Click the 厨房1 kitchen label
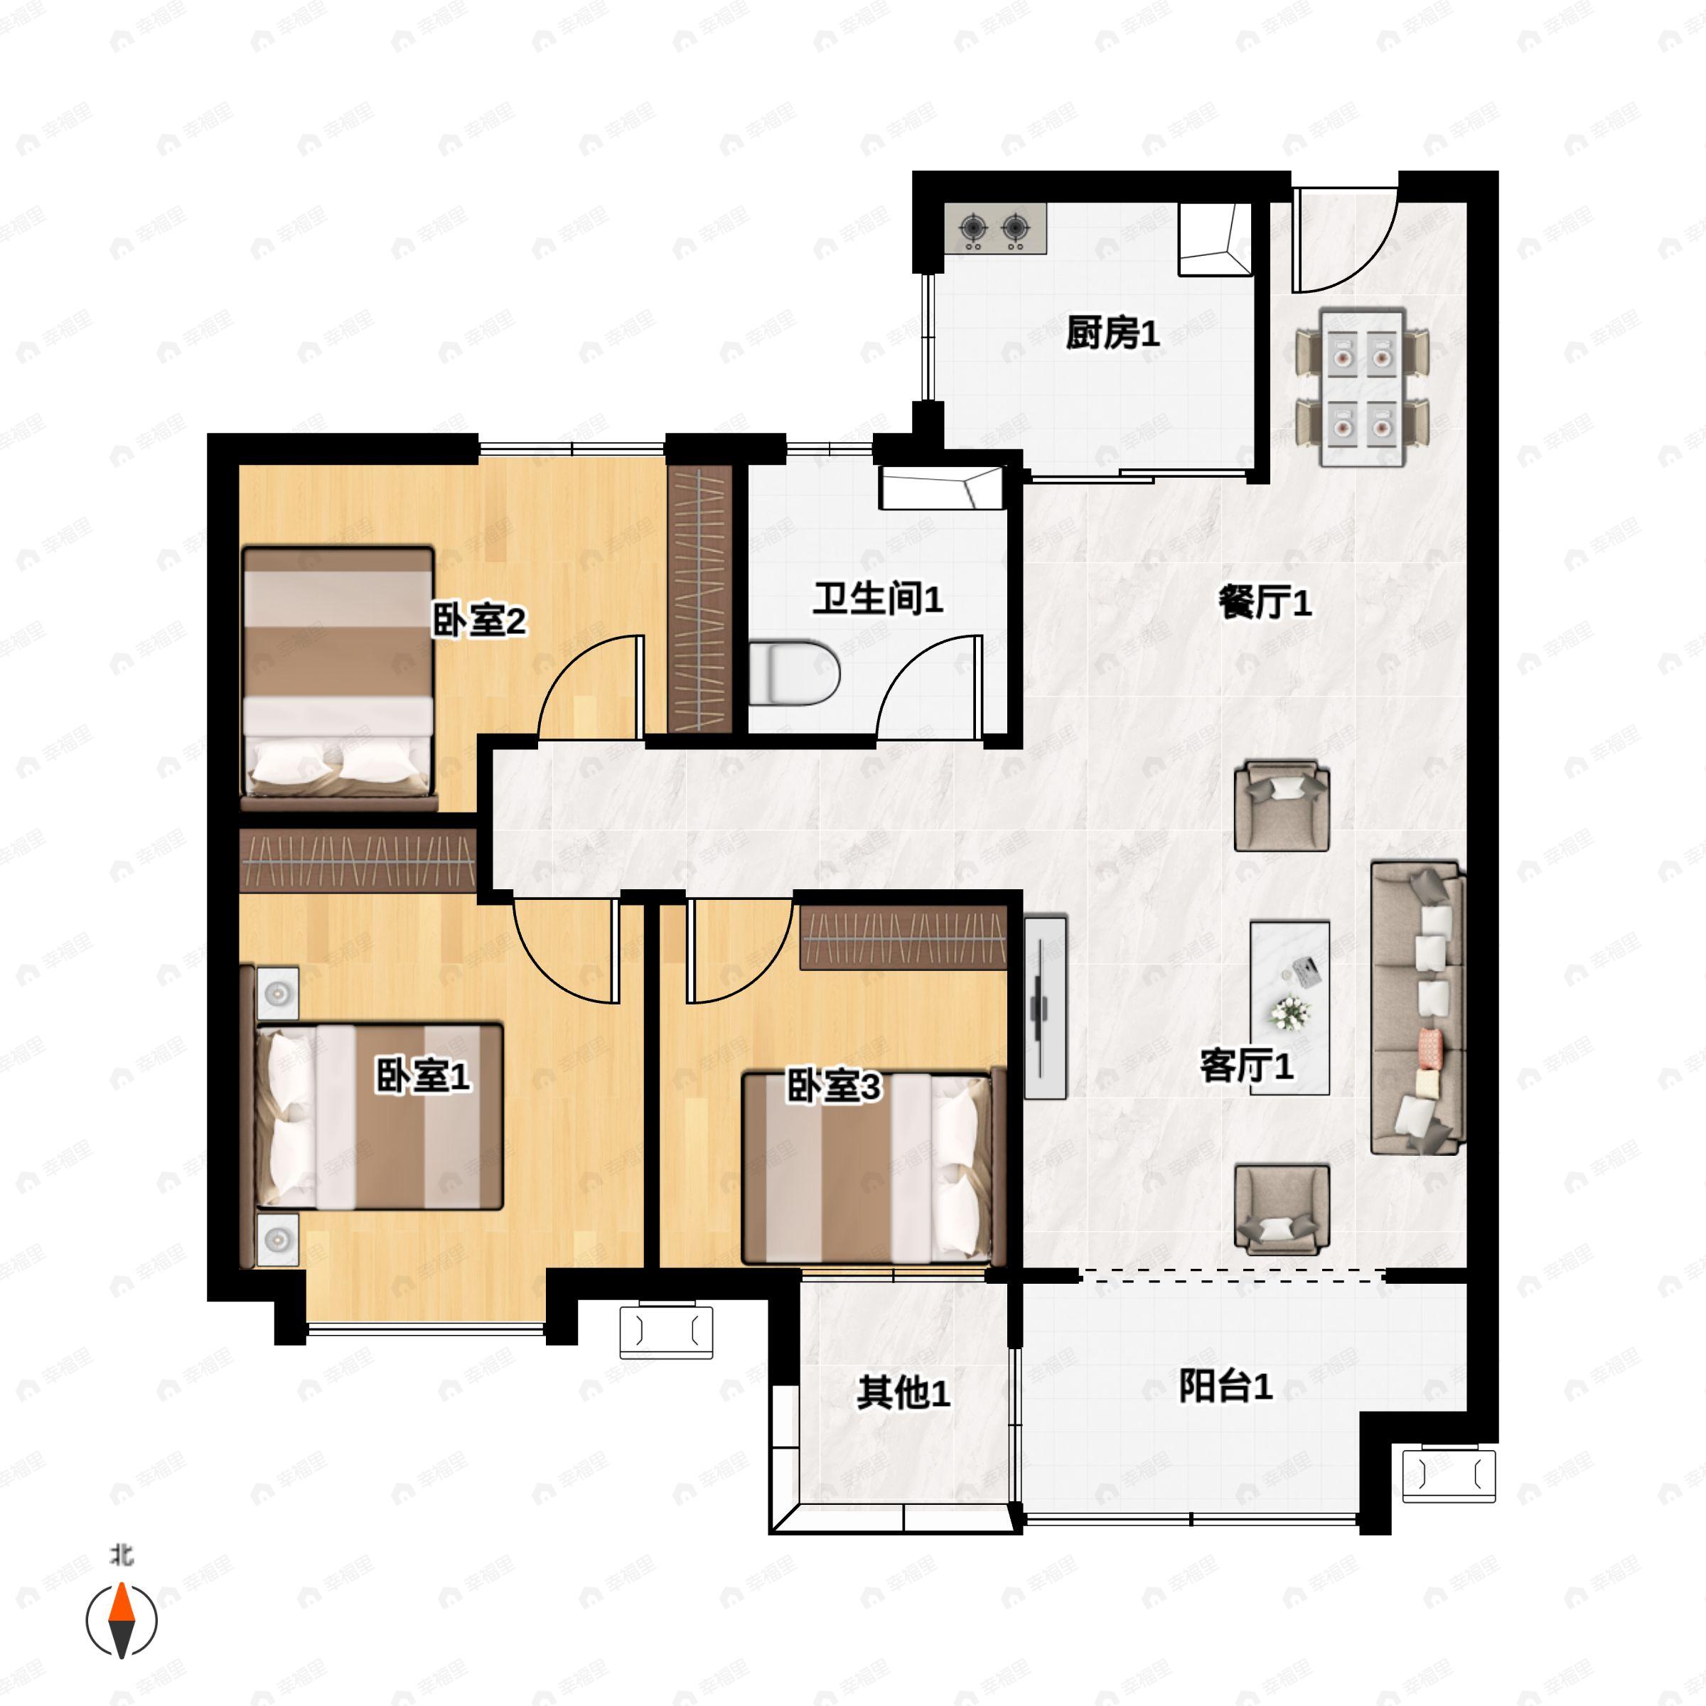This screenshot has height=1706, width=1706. tap(1112, 334)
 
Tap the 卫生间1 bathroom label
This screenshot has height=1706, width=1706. tap(877, 599)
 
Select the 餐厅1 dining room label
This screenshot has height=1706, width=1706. tap(1265, 603)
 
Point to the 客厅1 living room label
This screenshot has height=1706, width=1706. tap(1246, 1066)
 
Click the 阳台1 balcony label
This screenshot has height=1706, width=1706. tap(1225, 1386)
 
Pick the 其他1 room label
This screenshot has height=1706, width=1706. tap(903, 1393)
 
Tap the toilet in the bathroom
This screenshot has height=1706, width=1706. tap(794, 675)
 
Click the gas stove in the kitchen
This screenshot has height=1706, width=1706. tap(995, 229)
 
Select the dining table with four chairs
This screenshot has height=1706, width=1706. tap(1362, 387)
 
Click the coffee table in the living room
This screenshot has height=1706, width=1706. tap(1290, 1007)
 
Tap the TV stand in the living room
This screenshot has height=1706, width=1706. tap(1045, 1007)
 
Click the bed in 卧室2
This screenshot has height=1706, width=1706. tap(338, 677)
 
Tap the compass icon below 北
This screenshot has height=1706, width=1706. tap(121, 1621)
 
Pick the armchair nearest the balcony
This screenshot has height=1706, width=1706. tap(1282, 1209)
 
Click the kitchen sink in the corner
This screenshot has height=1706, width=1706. tap(1215, 238)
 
